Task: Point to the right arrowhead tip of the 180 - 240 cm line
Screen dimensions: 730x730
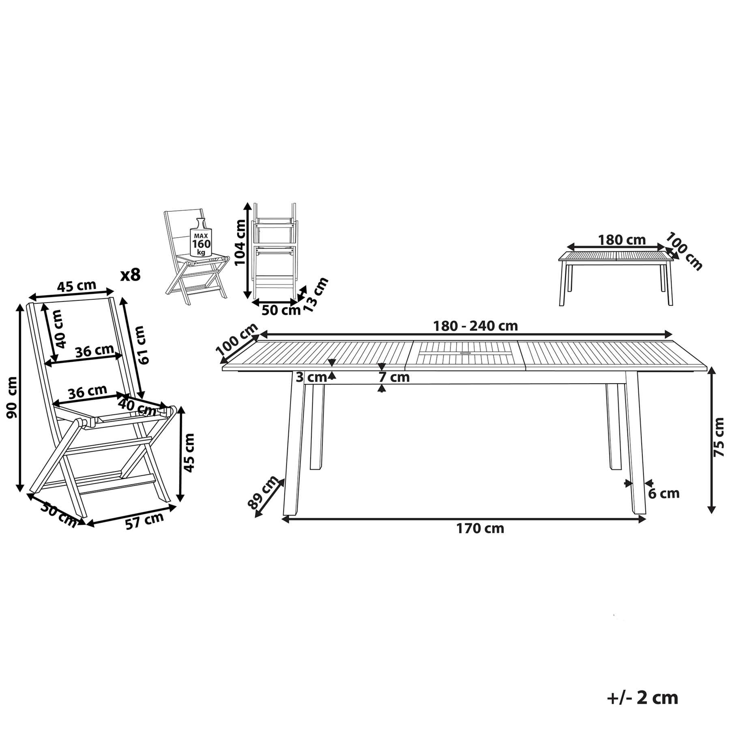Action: (x=672, y=335)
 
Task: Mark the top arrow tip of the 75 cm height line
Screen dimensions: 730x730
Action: (x=711, y=372)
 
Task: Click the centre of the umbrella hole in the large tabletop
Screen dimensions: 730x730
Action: (x=465, y=354)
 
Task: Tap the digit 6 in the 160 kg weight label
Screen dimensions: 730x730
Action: (x=202, y=244)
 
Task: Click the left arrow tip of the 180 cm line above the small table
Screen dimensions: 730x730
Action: (x=567, y=247)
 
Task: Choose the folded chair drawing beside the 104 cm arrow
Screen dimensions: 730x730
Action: (x=274, y=251)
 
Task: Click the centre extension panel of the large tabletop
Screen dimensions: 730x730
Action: (x=465, y=356)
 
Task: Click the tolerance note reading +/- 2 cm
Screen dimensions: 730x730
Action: (x=642, y=698)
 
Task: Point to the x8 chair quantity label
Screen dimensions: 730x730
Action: (x=131, y=275)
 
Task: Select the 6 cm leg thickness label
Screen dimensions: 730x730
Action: (x=663, y=493)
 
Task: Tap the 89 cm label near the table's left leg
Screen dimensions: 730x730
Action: (x=263, y=492)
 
